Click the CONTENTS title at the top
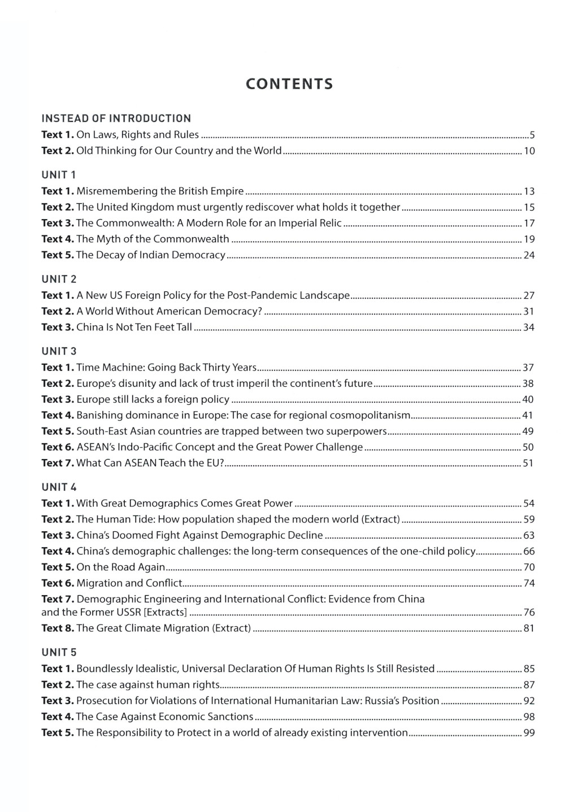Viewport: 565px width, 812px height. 289,84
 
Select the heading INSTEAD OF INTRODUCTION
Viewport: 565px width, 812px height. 116,119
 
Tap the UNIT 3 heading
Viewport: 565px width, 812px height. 59,351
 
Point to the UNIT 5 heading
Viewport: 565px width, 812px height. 59,652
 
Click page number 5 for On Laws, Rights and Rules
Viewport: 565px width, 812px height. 532,135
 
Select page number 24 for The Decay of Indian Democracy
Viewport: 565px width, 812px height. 529,255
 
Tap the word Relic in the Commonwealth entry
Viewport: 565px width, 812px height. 331,223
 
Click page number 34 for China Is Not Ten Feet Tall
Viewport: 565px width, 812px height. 529,328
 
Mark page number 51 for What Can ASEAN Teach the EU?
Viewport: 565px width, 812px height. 529,464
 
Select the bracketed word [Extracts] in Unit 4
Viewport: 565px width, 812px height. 166,613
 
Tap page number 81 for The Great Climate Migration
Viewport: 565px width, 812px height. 529,628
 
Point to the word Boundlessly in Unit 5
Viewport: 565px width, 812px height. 105,669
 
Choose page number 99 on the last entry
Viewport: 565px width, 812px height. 529,733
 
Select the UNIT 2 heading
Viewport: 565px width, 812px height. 59,279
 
